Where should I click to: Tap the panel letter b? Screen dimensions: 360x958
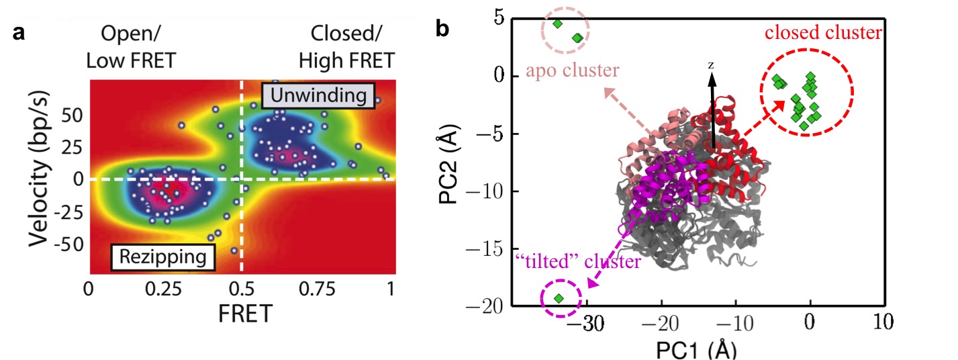[x=444, y=30]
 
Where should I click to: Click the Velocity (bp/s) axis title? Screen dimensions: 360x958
[x=40, y=179]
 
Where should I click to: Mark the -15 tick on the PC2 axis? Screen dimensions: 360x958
[x=489, y=249]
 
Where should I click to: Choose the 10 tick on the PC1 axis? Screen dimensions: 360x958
[x=883, y=323]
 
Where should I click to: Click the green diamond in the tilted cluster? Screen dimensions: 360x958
[x=559, y=298]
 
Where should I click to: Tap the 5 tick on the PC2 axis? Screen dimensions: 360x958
[x=498, y=17]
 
